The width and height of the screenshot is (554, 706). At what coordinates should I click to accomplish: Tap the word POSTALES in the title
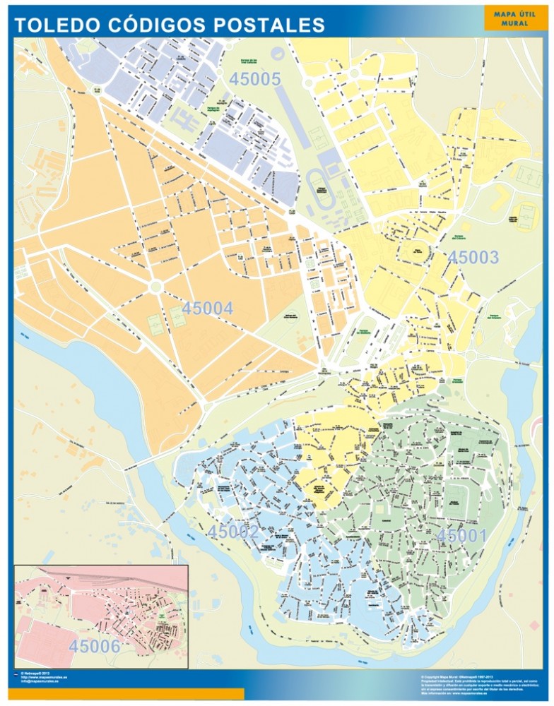pos(269,26)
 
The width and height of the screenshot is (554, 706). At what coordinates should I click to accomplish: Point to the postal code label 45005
pos(255,80)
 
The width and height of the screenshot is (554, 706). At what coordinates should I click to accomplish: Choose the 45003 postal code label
pos(473,258)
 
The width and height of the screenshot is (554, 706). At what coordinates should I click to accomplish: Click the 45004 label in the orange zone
pos(207,309)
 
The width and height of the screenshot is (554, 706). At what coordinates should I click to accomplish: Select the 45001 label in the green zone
pos(461,537)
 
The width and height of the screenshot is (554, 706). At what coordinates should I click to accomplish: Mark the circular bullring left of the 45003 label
pos(418,251)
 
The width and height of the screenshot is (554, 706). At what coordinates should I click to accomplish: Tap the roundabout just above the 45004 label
pos(155,286)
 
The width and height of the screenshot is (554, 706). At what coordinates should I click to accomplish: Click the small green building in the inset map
pos(162,616)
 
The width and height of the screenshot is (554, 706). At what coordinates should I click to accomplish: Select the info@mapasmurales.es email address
pos(44,682)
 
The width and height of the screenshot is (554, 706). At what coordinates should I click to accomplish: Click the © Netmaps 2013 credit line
pos(35,673)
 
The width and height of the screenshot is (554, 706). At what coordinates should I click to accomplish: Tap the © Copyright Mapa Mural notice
pos(452,674)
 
